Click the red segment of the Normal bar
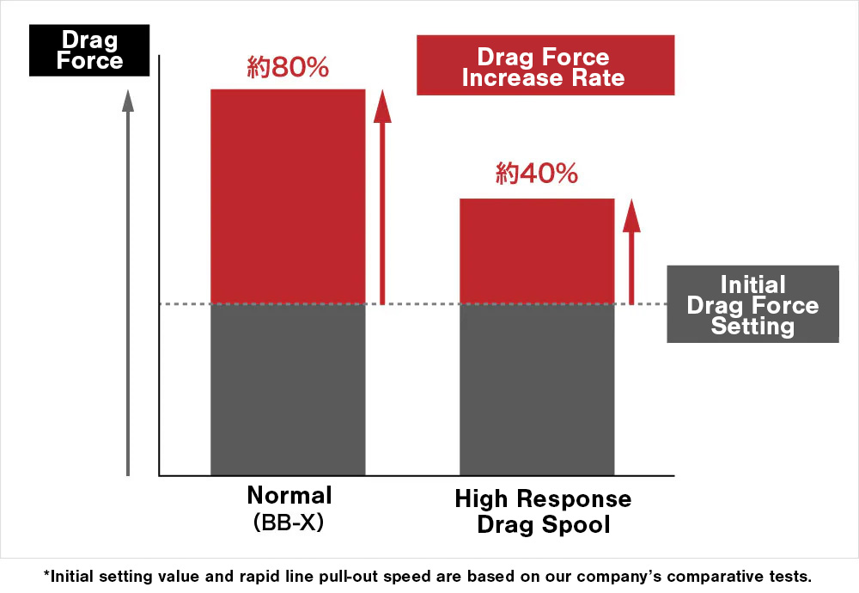coord(288,196)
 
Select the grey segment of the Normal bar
coord(288,389)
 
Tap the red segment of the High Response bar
coord(537,251)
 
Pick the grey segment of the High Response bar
coord(537,389)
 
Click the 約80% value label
coord(288,68)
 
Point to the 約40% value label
coord(537,174)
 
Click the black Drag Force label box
coord(90,51)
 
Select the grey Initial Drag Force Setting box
coord(752,304)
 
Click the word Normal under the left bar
coord(289,496)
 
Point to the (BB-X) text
coord(289,522)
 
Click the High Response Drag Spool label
coord(543,511)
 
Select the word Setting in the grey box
coord(752,327)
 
